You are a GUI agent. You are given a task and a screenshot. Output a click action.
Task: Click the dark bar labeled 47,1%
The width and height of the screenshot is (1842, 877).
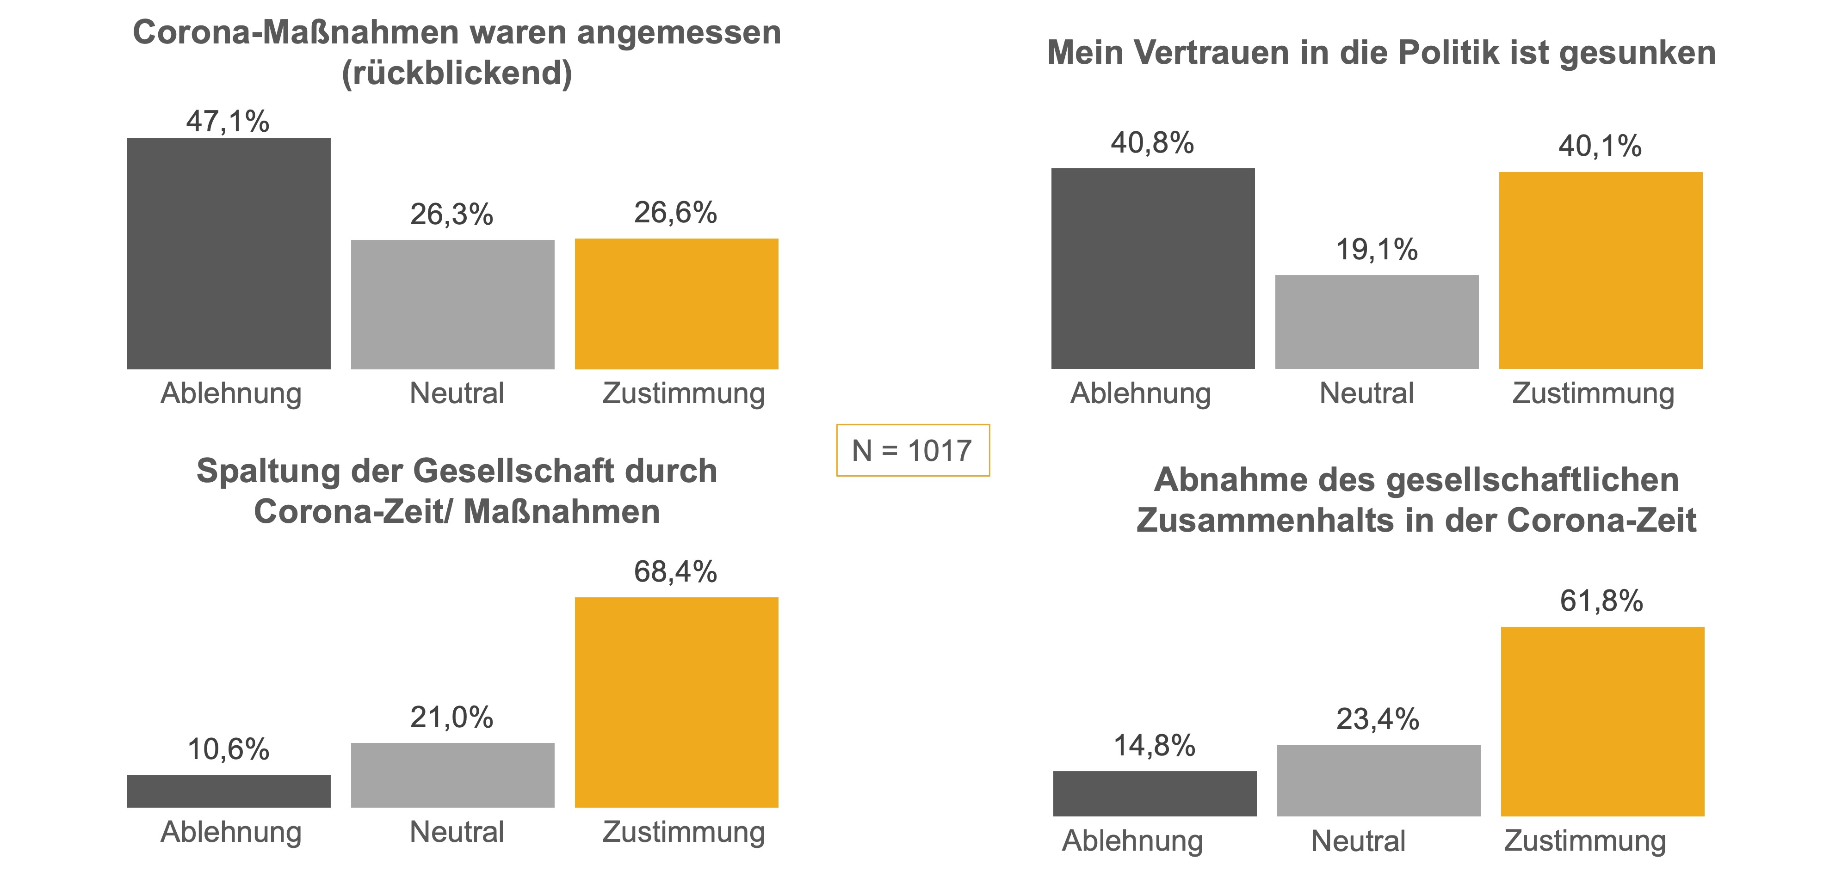(229, 254)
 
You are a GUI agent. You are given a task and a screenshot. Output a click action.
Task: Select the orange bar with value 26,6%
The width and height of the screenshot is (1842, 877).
(676, 304)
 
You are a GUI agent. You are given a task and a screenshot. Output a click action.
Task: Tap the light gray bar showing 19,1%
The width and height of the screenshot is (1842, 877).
(1377, 322)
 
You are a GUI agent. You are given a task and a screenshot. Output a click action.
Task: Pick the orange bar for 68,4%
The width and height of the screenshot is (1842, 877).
(676, 703)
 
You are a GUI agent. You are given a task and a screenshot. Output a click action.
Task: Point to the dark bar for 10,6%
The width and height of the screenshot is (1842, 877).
(229, 791)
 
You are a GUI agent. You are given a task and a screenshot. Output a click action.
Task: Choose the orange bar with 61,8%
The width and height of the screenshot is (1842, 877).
(1602, 722)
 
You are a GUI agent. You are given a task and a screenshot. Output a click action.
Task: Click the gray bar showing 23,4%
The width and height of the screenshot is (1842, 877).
(1378, 780)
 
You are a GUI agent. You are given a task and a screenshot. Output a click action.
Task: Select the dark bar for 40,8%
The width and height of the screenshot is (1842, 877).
(1153, 269)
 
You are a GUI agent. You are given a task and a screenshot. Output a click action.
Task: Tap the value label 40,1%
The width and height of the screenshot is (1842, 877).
(1601, 147)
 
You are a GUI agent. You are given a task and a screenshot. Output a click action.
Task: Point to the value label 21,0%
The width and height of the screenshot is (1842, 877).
(452, 718)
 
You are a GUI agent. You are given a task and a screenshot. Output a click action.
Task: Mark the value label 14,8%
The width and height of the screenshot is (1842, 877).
(1154, 746)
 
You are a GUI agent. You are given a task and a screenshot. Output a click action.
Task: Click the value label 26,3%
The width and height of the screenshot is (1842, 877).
(452, 215)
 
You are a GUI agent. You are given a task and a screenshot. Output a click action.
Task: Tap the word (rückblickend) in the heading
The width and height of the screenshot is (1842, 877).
(457, 73)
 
